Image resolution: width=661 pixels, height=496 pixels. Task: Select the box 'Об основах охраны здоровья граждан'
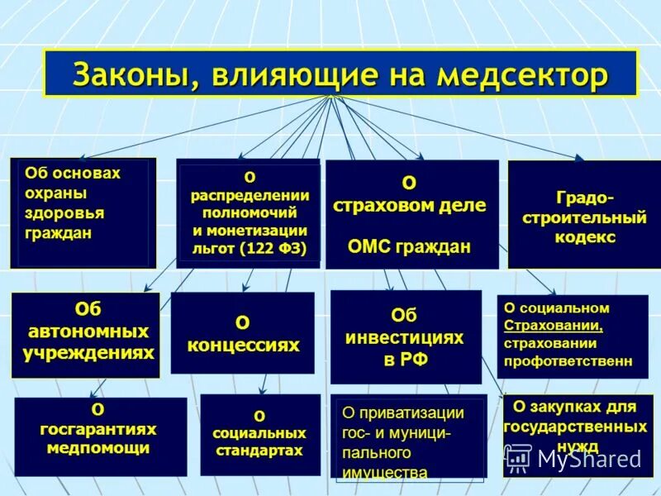click(83, 212)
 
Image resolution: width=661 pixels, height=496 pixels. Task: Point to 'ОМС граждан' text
click(410, 246)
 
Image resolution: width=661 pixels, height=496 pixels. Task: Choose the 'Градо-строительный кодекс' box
click(583, 214)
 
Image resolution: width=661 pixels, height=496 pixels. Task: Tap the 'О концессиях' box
click(242, 332)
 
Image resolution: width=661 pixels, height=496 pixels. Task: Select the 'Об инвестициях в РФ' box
click(405, 336)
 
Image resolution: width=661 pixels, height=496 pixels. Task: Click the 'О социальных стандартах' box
click(260, 434)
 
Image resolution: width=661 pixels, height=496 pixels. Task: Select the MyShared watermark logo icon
click(518, 457)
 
